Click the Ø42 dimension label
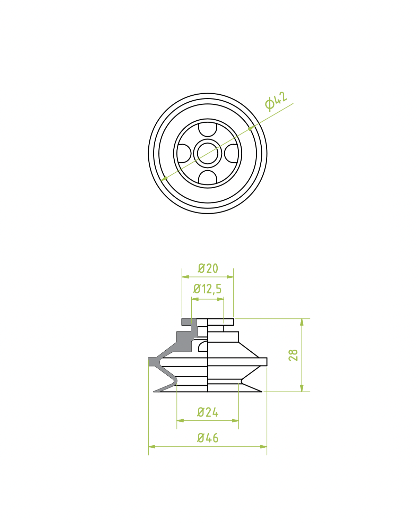pos(276,101)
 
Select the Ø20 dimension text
pos(208,268)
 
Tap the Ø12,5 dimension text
pos(207,289)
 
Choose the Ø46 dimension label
pos(208,438)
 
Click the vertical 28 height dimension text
pos(293,355)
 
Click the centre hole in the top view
pos(207,153)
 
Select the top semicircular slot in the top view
pos(207,130)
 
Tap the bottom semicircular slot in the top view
pos(207,177)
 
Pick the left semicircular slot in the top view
pos(184,153)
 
